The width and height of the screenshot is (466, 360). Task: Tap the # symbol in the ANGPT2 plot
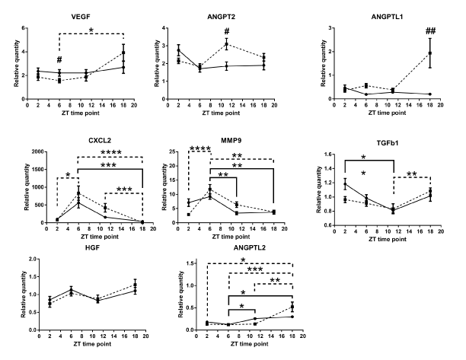tap(226, 32)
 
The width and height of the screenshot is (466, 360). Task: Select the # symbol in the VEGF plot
tap(59, 61)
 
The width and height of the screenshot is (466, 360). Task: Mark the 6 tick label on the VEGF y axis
tap(24, 28)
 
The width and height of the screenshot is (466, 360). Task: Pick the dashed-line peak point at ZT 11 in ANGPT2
tap(226, 44)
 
